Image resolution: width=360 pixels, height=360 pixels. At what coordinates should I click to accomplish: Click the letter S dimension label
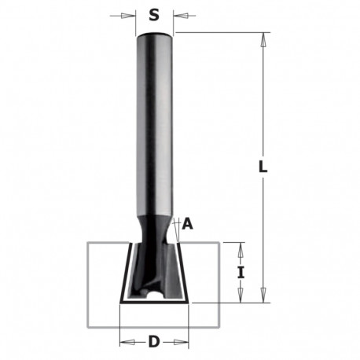coord(154,15)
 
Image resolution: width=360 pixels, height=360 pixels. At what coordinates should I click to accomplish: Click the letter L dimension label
coord(263,167)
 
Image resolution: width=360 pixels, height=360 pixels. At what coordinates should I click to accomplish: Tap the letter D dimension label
coord(154,342)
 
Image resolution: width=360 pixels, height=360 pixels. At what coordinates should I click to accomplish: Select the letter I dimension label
coord(241,273)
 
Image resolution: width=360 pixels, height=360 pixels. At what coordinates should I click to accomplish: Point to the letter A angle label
coord(188,224)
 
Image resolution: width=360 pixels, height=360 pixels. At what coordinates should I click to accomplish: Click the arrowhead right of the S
coord(181,16)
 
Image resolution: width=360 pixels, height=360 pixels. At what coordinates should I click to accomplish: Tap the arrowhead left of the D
coord(127,342)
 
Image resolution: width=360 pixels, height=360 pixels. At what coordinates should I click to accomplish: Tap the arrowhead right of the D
coord(181,342)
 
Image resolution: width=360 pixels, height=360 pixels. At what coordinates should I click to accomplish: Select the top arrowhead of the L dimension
coord(263,40)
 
